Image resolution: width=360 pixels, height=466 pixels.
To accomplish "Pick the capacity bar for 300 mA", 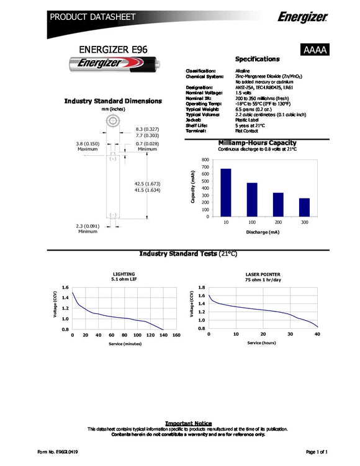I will pyautogui.click(x=304, y=207).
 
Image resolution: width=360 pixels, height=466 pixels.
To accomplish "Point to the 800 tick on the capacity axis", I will pyautogui.click(x=205, y=160).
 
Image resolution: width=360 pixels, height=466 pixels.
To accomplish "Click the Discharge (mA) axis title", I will pyautogui.click(x=265, y=233).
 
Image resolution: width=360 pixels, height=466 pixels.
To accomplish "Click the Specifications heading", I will pyautogui.click(x=257, y=59).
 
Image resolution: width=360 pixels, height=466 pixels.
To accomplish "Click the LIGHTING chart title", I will pyautogui.click(x=124, y=274).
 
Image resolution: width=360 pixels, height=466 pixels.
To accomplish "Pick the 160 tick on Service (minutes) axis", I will pyautogui.click(x=177, y=335).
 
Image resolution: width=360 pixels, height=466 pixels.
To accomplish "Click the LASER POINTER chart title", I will pyautogui.click(x=263, y=274).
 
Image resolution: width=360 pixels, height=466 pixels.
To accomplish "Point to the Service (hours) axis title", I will pyautogui.click(x=262, y=343).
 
